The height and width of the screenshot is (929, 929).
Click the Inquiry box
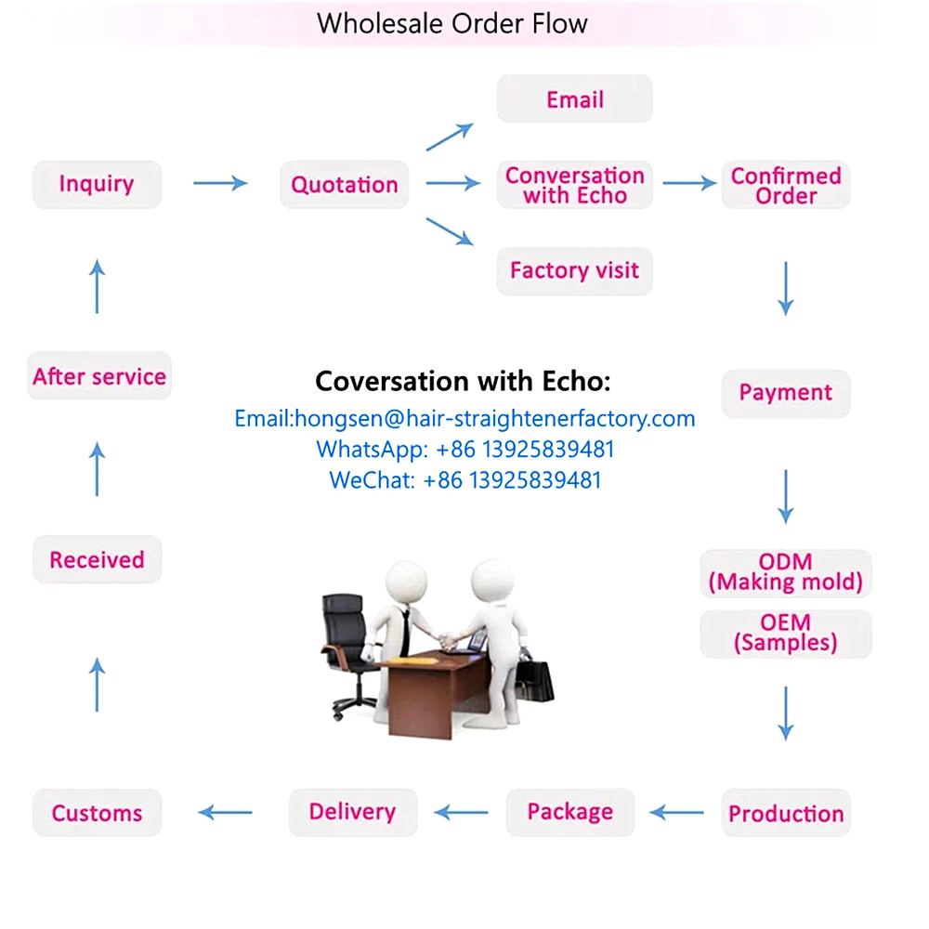pyautogui.click(x=97, y=184)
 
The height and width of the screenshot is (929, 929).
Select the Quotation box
pyautogui.click(x=345, y=184)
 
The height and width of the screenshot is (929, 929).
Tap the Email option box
pyautogui.click(x=574, y=99)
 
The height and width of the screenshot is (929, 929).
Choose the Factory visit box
pyautogui.click(x=574, y=271)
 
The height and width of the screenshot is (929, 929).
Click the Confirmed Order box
pyautogui.click(x=786, y=185)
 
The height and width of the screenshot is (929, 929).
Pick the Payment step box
pyautogui.click(x=786, y=393)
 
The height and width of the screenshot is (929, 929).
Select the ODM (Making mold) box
pyautogui.click(x=786, y=572)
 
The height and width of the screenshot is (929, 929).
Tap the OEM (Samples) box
pyautogui.click(x=786, y=633)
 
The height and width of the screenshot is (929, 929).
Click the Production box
pyautogui.click(x=786, y=813)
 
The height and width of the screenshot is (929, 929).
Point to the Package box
pyautogui.click(x=570, y=812)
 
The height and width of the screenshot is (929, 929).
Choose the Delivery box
pyautogui.click(x=353, y=812)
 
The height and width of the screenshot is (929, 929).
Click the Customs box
pyautogui.click(x=97, y=813)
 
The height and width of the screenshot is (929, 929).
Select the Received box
pyautogui.click(x=97, y=560)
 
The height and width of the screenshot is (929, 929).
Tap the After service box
pyautogui.click(x=99, y=376)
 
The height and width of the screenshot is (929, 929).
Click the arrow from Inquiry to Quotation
pyautogui.click(x=221, y=183)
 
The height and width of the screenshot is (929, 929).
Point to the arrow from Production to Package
pyautogui.click(x=676, y=813)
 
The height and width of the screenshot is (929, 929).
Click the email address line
pyautogui.click(x=464, y=418)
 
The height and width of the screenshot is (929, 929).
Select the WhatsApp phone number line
pyautogui.click(x=464, y=450)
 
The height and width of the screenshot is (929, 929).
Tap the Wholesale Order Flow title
pyautogui.click(x=452, y=22)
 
